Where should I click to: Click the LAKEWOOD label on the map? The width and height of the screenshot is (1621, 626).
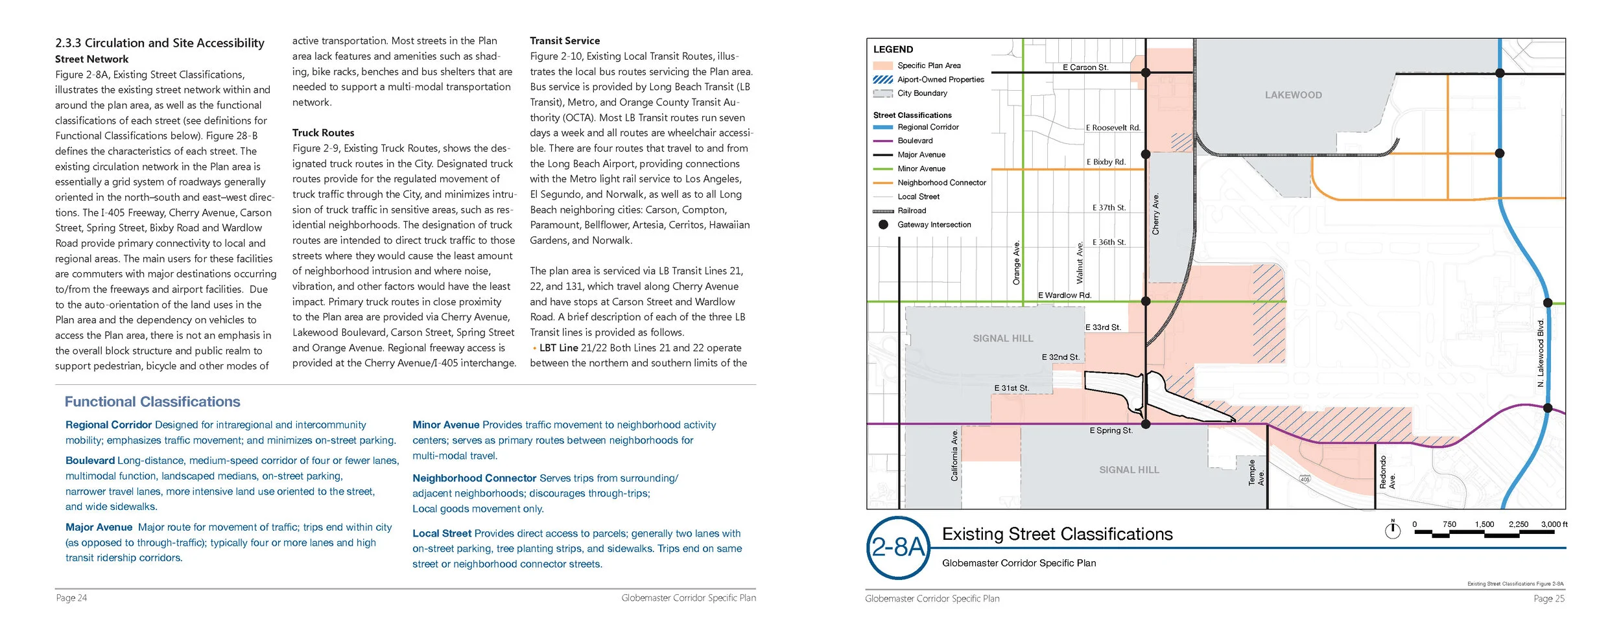(x=1293, y=95)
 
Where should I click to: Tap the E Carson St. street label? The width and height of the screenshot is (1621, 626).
(x=1085, y=67)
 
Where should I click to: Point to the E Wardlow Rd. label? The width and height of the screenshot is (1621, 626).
(x=1065, y=296)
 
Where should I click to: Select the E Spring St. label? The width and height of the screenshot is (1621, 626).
(x=1111, y=431)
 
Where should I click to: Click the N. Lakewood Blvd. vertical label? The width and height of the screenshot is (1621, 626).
(x=1541, y=353)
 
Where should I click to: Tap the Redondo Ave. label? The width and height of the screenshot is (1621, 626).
(x=1387, y=472)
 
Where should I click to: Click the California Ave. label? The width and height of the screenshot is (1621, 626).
(x=954, y=455)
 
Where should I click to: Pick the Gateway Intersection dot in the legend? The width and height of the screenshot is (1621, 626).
(x=883, y=225)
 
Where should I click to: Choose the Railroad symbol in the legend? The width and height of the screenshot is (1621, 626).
(x=883, y=211)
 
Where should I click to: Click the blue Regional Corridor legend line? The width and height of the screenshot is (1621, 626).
(x=883, y=128)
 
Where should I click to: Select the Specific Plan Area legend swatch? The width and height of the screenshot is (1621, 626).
(x=883, y=66)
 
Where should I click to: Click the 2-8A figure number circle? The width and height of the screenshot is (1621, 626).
(x=898, y=548)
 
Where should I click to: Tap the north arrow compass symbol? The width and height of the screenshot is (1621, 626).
(x=1392, y=530)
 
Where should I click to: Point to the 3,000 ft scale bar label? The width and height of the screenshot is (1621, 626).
(x=1554, y=524)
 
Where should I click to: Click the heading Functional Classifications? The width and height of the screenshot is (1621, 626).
(x=152, y=402)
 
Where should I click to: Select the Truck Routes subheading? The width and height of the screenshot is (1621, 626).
(x=323, y=133)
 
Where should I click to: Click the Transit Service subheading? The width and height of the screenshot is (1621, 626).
(x=565, y=41)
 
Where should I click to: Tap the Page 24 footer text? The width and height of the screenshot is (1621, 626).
(x=71, y=598)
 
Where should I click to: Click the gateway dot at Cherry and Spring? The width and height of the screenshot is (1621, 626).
(x=1146, y=424)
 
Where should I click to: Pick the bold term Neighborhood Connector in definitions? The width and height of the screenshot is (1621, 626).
(x=475, y=478)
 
